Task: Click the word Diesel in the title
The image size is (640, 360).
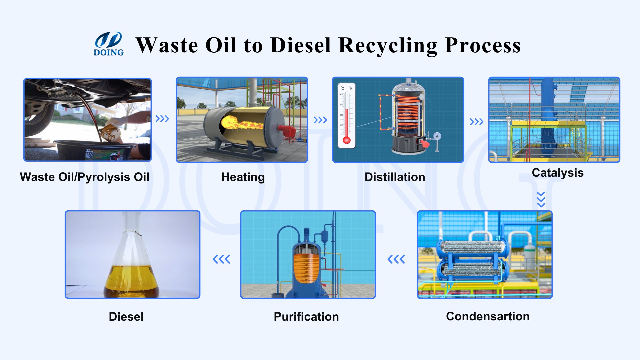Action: coord(301,45)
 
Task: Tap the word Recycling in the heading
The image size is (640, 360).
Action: coord(388,46)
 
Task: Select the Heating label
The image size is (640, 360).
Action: coord(243,177)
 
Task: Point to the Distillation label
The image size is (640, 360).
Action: coord(395,177)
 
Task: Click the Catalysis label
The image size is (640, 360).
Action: coord(558,173)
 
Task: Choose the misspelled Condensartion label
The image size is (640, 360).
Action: coord(488,316)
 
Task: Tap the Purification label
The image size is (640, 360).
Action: coord(306,317)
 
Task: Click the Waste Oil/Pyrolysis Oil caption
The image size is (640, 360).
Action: coord(85,177)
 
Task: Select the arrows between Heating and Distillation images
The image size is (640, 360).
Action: coord(320,120)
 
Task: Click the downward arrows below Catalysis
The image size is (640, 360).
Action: coord(541,199)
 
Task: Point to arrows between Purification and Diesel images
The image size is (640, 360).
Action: coord(221,259)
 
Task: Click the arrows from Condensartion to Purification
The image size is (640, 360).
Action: coord(396,259)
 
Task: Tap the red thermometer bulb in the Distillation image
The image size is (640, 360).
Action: coord(347,140)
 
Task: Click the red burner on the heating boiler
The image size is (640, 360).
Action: coord(286,130)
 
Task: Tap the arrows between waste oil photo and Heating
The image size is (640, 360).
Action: coord(162,119)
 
